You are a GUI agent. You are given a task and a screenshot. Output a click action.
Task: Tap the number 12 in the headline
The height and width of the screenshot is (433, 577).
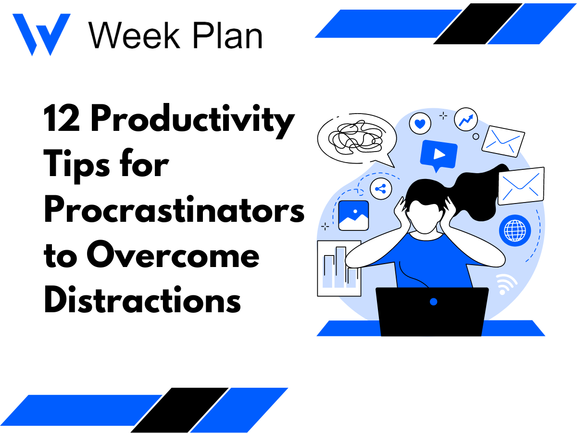(x=63, y=119)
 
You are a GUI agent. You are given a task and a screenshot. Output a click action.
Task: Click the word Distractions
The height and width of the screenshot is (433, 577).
(x=142, y=301)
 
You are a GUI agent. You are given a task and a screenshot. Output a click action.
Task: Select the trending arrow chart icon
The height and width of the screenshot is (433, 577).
(x=466, y=119)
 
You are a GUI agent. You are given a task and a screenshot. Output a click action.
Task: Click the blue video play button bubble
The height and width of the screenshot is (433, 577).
(x=438, y=154)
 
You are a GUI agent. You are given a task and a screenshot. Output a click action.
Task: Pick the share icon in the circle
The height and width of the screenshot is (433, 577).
(x=381, y=189)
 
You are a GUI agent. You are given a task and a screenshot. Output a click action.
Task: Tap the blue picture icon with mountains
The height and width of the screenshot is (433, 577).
(x=353, y=216)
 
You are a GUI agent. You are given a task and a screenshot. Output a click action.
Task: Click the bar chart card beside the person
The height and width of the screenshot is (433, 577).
(x=339, y=268)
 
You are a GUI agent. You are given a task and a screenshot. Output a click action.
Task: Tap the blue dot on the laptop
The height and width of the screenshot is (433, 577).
(x=433, y=302)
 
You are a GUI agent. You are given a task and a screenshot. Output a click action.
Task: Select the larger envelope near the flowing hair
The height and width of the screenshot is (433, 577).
(x=521, y=186)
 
